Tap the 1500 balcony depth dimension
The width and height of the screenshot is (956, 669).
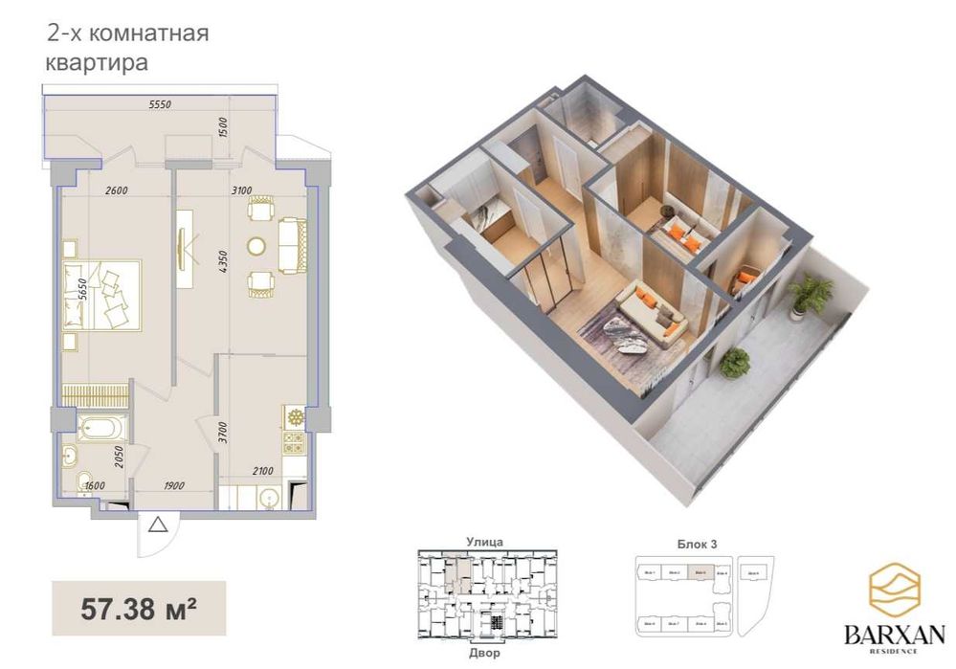[223, 127]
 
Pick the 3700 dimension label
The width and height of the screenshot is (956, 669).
[222, 435]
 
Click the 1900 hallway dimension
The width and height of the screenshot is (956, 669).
[173, 485]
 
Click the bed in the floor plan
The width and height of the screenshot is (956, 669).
[102, 295]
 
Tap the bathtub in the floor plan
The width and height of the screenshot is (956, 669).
[99, 428]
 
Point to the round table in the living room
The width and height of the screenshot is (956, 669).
[257, 246]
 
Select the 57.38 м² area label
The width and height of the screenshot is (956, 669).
[139, 607]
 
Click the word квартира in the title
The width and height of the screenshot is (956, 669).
[96, 64]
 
